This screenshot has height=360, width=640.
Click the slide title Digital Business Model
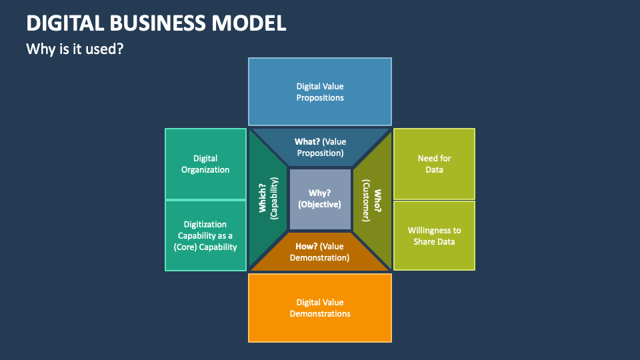point(156,23)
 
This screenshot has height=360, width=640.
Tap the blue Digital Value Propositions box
point(320,92)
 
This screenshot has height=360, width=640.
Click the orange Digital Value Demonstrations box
point(320,308)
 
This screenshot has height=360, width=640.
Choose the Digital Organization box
point(205,164)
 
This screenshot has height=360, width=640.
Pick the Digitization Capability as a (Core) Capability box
point(205,236)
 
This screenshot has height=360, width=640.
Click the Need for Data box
point(434,164)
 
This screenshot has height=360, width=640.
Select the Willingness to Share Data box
point(434,236)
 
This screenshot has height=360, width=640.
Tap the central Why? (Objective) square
point(320,199)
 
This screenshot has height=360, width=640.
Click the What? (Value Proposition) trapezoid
point(320,147)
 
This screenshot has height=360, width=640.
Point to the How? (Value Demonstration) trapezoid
point(320,252)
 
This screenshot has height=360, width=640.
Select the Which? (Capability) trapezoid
point(268,199)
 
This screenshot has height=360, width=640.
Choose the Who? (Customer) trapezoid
point(372,199)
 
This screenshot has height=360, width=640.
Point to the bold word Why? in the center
point(320,193)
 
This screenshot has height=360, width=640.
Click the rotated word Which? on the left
point(263,199)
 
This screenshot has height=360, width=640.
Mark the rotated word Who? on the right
point(378,200)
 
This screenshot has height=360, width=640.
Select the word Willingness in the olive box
point(434,230)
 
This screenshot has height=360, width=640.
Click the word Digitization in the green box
point(205,225)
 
